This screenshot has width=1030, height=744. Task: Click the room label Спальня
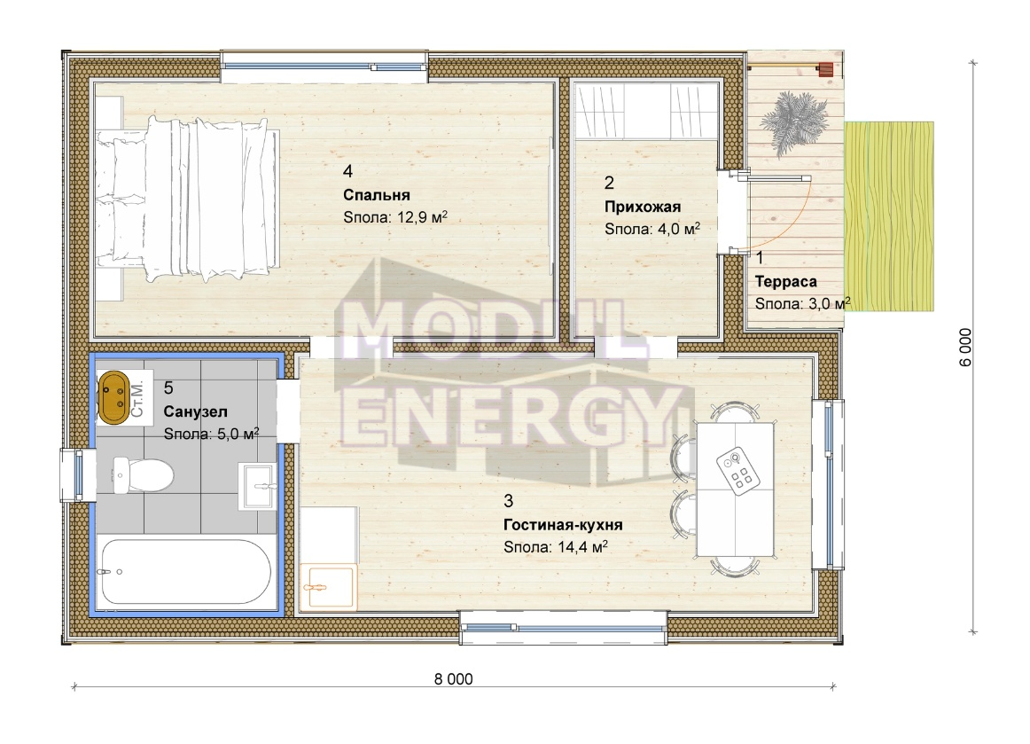coord(377,195)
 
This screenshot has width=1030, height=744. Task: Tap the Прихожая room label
coord(643,207)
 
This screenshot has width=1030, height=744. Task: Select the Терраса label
coord(785,282)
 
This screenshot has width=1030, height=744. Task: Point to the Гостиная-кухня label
coord(563,525)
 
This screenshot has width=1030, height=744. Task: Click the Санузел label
coord(195,412)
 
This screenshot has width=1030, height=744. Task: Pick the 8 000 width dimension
coord(453,679)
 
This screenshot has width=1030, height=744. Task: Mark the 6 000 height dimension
coord(965,347)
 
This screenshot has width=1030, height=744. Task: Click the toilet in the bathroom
coord(143,474)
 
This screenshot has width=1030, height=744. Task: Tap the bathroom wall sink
coord(259,486)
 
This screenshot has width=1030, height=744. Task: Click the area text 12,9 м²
coord(423,217)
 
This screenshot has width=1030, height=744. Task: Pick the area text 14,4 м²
coord(582,547)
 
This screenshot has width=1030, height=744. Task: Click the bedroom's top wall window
coord(324,67)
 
